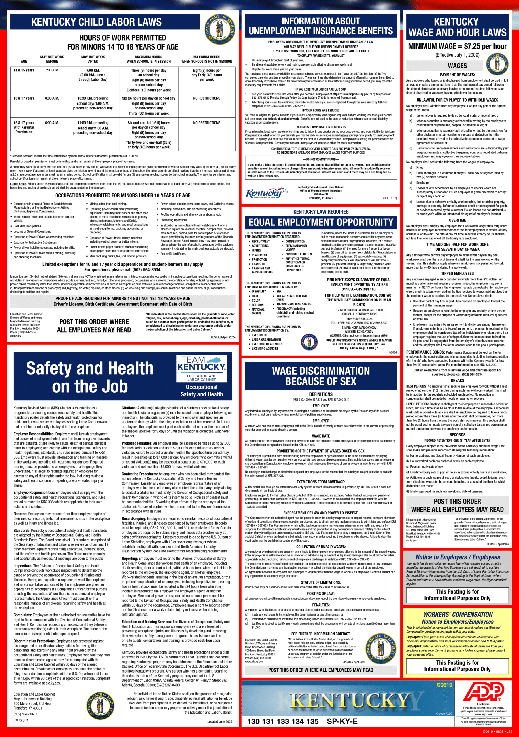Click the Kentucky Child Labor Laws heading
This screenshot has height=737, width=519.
97,22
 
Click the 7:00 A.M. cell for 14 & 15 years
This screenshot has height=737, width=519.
52,70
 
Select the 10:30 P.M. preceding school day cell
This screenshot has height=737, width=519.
93,103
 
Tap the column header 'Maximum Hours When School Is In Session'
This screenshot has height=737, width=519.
148,59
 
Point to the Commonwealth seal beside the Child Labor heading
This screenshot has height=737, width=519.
220,30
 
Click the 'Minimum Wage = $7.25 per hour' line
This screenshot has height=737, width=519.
457,46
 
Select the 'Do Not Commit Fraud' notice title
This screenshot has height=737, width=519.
320,159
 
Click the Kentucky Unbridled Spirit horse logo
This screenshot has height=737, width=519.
263,193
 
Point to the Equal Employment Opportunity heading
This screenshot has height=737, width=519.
321,222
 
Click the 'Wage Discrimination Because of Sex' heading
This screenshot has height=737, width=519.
321,376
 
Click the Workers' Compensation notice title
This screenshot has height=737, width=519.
458,614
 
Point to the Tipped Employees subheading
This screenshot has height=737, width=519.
457,273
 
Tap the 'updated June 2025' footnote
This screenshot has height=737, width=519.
220,721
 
